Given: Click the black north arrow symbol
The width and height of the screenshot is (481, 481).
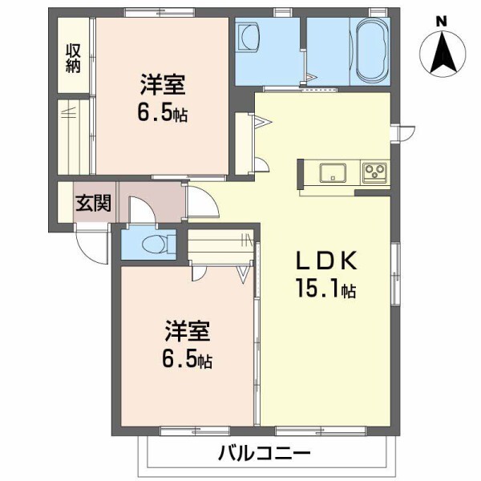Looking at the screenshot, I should click(x=443, y=52).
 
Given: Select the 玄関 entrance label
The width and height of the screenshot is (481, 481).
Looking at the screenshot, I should click(x=93, y=203).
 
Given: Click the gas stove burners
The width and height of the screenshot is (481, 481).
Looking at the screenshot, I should click(x=374, y=172).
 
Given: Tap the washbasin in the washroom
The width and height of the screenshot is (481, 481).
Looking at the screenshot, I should click(x=251, y=37).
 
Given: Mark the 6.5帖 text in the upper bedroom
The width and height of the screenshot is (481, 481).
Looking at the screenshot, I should click(x=162, y=112).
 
